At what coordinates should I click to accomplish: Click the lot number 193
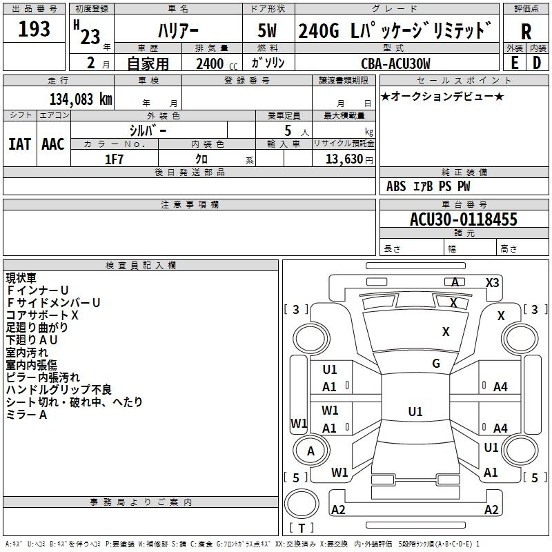(x=34, y=28)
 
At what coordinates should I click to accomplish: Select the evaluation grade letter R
(x=526, y=32)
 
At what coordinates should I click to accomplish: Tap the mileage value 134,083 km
(x=81, y=99)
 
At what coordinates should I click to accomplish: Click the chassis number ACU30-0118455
(x=464, y=219)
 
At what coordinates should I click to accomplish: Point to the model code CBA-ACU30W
(x=395, y=63)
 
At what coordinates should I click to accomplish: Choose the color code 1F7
(x=114, y=159)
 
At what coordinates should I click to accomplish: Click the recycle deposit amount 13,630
(x=344, y=159)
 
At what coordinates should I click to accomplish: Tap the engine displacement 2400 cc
(x=217, y=63)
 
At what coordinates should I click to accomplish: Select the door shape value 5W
(x=267, y=30)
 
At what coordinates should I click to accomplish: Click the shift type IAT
(x=20, y=144)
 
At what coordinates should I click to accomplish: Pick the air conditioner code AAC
(x=53, y=144)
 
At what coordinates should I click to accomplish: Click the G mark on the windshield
(x=436, y=363)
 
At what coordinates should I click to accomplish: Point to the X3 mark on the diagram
(x=493, y=282)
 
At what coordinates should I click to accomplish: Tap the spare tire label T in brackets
(x=302, y=528)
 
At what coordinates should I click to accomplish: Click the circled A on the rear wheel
(x=310, y=451)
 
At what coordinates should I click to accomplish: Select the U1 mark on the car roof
(x=415, y=411)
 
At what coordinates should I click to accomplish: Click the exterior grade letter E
(x=514, y=63)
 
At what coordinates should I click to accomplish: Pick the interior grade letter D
(x=537, y=63)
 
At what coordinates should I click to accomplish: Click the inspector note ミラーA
(x=26, y=415)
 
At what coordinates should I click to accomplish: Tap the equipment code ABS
(x=396, y=186)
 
